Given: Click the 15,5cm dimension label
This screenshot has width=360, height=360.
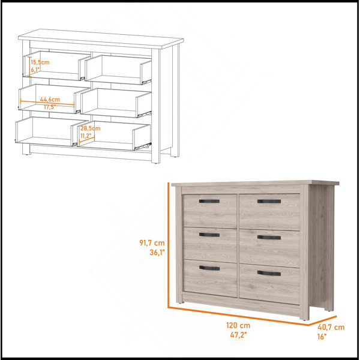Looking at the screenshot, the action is [x=40, y=62].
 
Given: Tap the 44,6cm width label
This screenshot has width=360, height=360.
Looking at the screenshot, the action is [x=50, y=100].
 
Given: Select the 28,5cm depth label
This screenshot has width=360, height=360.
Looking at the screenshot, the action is [x=90, y=128].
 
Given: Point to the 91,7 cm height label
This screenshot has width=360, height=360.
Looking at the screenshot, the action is [x=152, y=242].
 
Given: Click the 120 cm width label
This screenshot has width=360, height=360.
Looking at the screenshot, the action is [x=238, y=325].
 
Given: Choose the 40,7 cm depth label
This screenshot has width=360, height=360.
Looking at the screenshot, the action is [x=331, y=327].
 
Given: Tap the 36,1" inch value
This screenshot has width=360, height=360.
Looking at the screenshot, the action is [x=157, y=253].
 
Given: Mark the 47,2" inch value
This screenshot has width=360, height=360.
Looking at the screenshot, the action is [x=238, y=335].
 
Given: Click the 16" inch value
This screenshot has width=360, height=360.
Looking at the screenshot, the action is [x=322, y=337].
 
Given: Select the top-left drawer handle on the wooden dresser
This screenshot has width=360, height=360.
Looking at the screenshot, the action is [x=209, y=201].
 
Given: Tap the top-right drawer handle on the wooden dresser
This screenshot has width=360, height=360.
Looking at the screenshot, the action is [x=269, y=202].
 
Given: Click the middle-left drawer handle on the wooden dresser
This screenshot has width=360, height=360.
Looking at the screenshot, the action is [x=209, y=235].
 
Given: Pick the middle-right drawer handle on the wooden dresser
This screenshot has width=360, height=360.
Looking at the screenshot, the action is [x=269, y=238].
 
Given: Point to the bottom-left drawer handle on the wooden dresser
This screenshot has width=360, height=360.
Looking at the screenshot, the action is [x=209, y=268].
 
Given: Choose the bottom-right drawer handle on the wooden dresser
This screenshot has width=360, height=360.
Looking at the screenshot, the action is [x=269, y=273].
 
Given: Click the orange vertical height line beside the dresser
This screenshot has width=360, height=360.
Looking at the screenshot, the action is [x=168, y=245].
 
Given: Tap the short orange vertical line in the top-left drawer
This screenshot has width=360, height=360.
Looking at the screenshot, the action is [x=29, y=67].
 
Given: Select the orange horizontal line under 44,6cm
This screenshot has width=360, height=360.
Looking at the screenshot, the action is [x=47, y=103].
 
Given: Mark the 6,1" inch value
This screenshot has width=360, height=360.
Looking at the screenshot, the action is [x=35, y=70].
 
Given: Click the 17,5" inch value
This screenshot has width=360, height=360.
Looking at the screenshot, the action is [x=50, y=107].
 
